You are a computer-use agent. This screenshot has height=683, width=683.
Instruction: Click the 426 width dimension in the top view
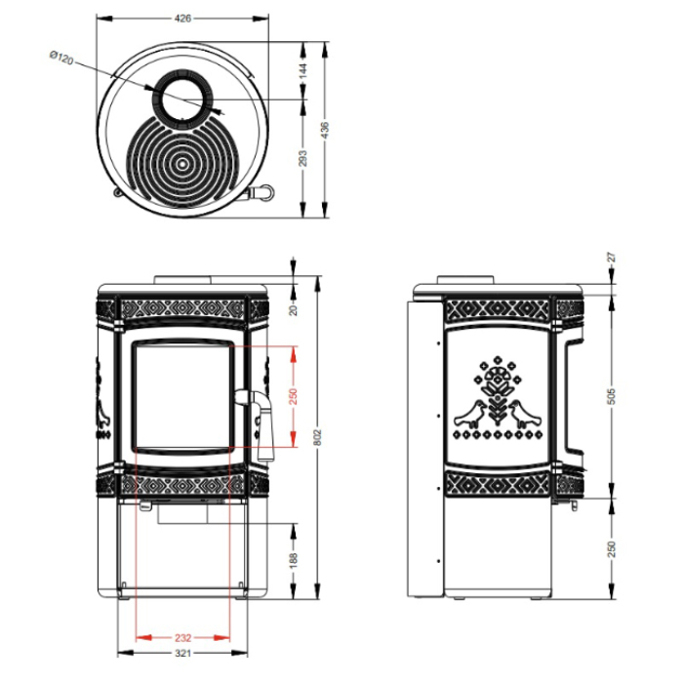182,19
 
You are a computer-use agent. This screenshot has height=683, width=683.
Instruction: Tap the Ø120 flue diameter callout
61,57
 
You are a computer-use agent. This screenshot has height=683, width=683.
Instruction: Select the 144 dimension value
303,70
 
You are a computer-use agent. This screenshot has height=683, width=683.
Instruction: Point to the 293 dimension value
303,158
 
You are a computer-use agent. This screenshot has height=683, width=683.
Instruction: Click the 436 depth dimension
325,130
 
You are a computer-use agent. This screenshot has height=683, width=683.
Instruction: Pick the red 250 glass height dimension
293,396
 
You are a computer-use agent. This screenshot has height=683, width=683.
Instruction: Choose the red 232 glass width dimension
183,638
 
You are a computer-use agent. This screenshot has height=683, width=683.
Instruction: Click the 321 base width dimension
183,654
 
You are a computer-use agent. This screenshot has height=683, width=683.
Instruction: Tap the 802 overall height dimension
317,437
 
